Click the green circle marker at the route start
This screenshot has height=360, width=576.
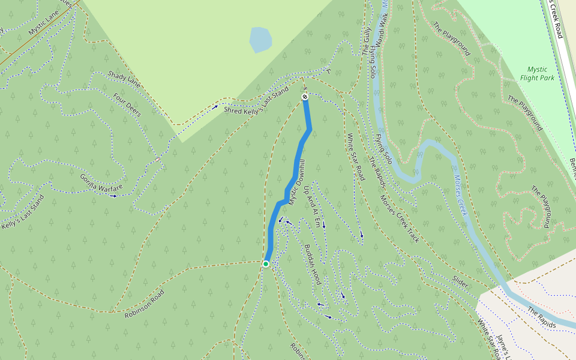click(x=266, y=263)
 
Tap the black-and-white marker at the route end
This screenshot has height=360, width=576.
click(x=305, y=97)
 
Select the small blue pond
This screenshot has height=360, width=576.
click(x=260, y=40)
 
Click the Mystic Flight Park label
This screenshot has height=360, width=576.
click(x=538, y=73)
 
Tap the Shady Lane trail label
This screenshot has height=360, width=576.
click(x=124, y=79)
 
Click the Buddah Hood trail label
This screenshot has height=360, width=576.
click(x=313, y=265)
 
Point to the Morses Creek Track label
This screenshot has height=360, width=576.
click(x=399, y=218)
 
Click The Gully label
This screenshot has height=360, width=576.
click(x=367, y=41)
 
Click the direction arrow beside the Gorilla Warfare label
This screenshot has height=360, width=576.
click(x=114, y=196)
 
